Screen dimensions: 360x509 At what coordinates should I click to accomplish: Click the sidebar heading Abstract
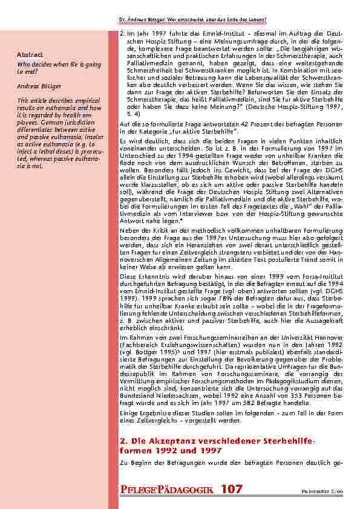point(27,56)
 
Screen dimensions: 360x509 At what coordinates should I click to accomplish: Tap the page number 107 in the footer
point(232,487)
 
